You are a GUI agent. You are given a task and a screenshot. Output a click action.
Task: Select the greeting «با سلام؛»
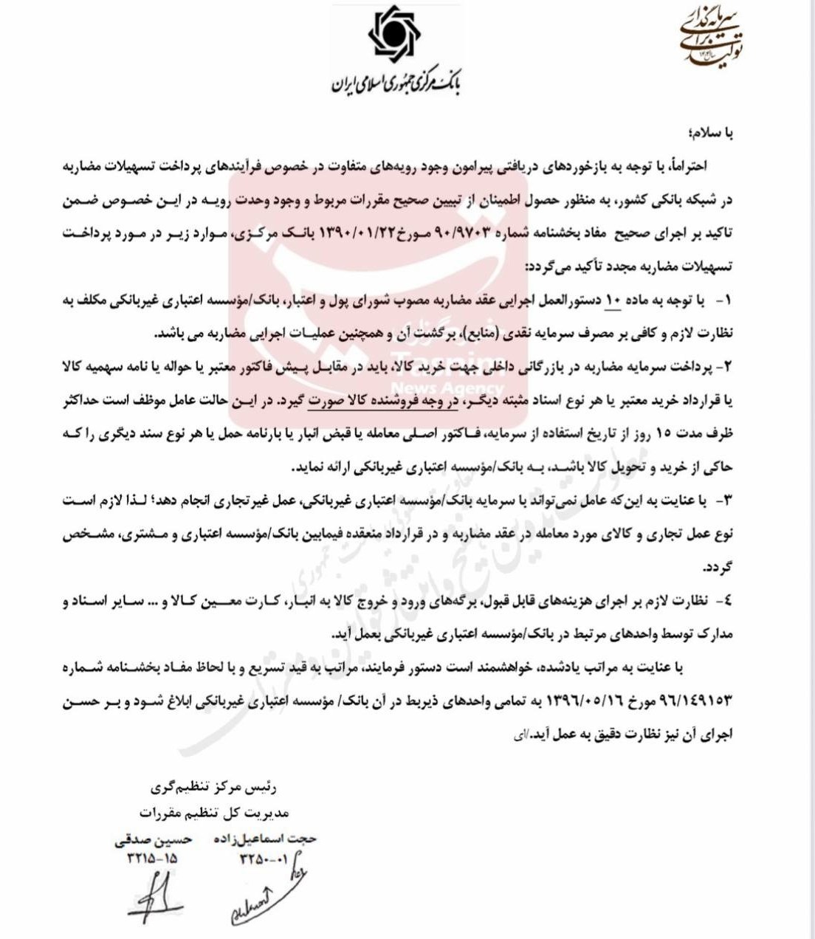709,133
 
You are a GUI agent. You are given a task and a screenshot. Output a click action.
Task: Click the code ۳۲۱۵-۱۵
152,858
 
